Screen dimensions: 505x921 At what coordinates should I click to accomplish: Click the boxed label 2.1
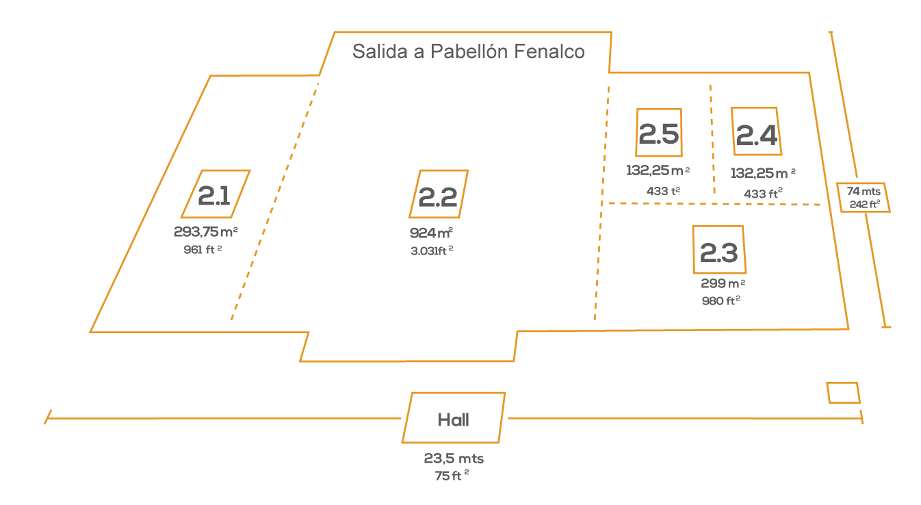[x=216, y=194]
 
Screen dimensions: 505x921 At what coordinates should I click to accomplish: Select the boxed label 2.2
[x=439, y=194]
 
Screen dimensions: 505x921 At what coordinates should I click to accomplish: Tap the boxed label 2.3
[x=719, y=250]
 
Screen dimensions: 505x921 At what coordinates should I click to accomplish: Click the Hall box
[x=454, y=418]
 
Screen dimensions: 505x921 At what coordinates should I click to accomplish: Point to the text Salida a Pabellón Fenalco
[x=468, y=52]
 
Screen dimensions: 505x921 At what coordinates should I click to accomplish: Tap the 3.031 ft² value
[x=432, y=250]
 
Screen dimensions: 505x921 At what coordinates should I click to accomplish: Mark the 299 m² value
[x=723, y=283]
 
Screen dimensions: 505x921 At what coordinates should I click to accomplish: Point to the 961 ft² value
[x=203, y=250]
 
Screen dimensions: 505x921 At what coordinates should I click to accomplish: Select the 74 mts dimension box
[x=864, y=197]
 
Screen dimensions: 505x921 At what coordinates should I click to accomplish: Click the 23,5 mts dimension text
[x=454, y=459]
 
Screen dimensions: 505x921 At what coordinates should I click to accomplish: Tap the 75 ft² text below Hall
[x=452, y=476]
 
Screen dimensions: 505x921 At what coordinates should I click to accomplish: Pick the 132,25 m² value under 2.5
[x=658, y=170]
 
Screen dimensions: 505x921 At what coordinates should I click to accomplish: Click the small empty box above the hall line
[x=843, y=393]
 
